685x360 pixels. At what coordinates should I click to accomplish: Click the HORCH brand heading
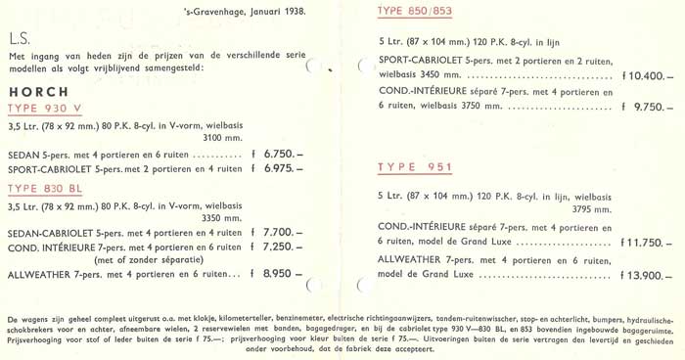point(30,89)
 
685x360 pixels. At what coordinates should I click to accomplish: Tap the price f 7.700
point(278,232)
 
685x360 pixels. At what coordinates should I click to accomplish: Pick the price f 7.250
point(278,247)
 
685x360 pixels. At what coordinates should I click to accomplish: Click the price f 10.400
point(646,75)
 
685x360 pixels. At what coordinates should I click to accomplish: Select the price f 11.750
point(646,241)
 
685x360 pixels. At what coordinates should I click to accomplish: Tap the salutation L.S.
point(19,40)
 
